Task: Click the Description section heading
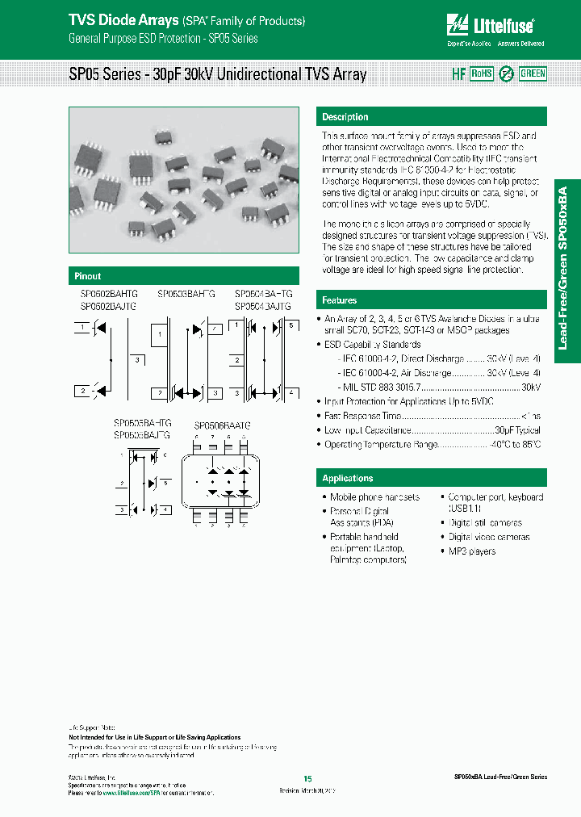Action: [345, 117]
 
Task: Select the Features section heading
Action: [340, 300]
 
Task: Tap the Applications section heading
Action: [348, 478]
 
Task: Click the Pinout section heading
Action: [88, 276]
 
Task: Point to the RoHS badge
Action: [482, 73]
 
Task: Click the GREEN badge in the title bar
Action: [533, 73]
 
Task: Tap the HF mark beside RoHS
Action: [458, 73]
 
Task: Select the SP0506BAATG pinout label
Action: [222, 425]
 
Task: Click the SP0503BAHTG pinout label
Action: [186, 295]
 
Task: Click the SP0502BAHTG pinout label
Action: [108, 295]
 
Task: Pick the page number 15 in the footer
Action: [307, 778]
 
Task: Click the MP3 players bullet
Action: [472, 551]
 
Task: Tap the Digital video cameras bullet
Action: [489, 537]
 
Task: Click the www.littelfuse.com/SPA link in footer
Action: [126, 794]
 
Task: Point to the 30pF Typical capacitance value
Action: [518, 431]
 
